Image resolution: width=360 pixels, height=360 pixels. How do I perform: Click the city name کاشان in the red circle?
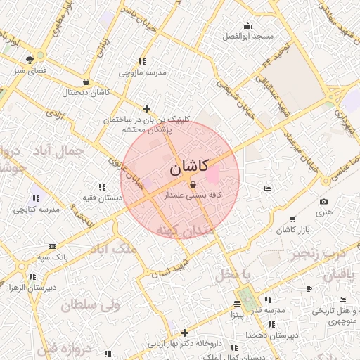(x=189, y=167)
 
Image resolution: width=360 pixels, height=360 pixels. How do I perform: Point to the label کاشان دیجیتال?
(x=86, y=92)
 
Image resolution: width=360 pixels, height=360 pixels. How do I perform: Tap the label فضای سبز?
(x=30, y=71)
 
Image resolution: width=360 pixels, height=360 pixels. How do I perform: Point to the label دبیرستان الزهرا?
(x=31, y=287)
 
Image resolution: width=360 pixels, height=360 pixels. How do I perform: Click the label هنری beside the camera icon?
(x=323, y=212)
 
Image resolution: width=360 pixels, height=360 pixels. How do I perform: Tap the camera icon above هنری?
(x=323, y=202)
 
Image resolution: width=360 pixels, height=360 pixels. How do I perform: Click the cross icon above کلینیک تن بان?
(x=146, y=108)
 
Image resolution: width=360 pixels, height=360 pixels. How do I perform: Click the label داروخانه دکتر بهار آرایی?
(x=184, y=345)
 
